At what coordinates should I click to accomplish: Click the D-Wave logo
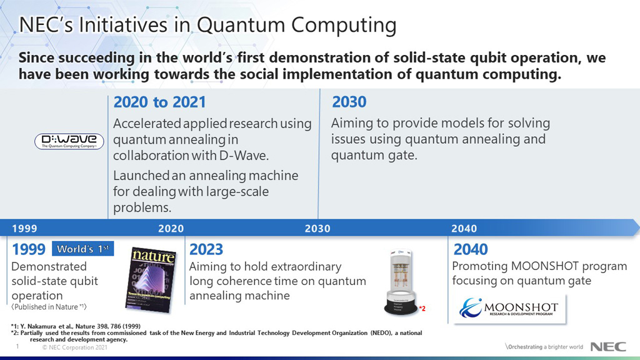pyautogui.click(x=69, y=141)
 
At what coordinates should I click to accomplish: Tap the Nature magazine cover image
pyautogui.click(x=153, y=279)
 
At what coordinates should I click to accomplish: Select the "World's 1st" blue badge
pyautogui.click(x=83, y=249)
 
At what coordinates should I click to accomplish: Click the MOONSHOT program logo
pyautogui.click(x=512, y=308)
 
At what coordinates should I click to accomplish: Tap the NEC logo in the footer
pyautogui.click(x=605, y=347)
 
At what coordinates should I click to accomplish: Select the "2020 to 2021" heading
pyautogui.click(x=159, y=102)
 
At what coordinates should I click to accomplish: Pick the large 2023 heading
pyautogui.click(x=206, y=250)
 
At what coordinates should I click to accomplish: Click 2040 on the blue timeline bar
pyautogui.click(x=464, y=229)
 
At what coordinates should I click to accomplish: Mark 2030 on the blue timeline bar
pyautogui.click(x=317, y=229)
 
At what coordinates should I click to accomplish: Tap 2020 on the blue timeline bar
pyautogui.click(x=171, y=229)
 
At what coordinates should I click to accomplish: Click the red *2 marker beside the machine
pyautogui.click(x=422, y=308)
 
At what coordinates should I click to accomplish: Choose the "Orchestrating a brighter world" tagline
pyautogui.click(x=544, y=347)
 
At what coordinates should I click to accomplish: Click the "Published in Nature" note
pyautogui.click(x=49, y=307)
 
